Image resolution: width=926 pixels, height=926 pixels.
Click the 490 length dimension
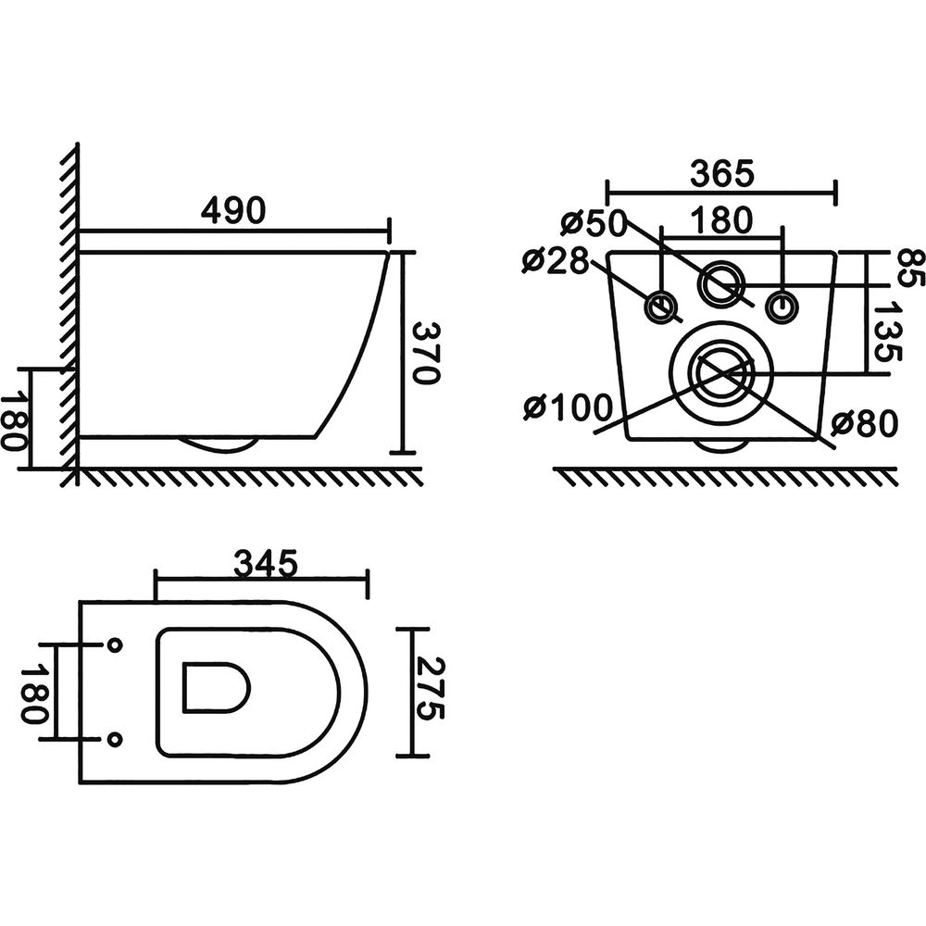[234, 211]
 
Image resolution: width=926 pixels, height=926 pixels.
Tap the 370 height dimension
[425, 353]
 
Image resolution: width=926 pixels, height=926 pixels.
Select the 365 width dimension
[722, 174]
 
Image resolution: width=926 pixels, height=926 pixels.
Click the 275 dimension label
[429, 689]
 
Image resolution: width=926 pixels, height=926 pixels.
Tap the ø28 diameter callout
[556, 260]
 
